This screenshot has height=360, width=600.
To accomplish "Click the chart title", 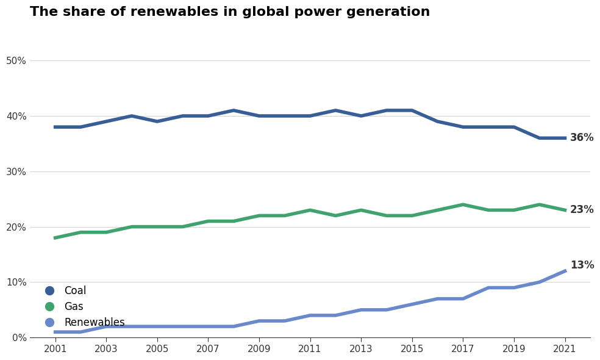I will pos(229,12).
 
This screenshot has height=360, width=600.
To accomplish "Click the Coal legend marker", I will pos(49,291).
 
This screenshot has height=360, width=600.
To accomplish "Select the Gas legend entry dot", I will pos(49,307).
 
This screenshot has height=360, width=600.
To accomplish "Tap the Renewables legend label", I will pos(94,323).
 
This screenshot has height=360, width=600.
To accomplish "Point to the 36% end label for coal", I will pos(582,138).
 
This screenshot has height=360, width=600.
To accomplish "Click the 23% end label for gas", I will pos(582,210).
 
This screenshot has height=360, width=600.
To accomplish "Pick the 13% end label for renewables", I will pos(582,265).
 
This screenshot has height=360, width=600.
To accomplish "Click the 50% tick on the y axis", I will pos(16,61).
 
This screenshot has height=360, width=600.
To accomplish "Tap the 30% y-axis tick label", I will pos(16,172).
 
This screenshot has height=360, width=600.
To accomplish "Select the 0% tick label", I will pos(18,337).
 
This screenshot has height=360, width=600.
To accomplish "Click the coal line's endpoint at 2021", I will pos(565,138).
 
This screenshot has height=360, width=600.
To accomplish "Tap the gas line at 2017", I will pos(463,204).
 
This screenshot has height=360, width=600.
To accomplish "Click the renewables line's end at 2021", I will pos(565,271).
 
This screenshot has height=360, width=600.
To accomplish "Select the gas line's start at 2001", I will pos(55,238).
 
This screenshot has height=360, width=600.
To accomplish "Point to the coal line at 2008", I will pos(234,110).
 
